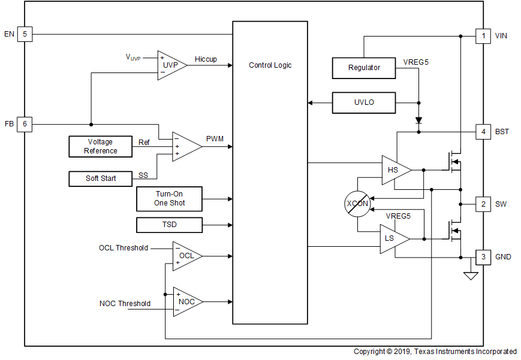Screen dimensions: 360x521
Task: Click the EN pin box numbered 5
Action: point(25,34)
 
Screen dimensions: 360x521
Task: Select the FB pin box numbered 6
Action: point(25,125)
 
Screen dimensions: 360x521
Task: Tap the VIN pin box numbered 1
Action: point(483,36)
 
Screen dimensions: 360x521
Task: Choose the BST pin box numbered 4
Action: point(483,131)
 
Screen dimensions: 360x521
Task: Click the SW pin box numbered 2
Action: point(483,204)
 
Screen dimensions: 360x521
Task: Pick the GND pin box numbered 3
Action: point(483,257)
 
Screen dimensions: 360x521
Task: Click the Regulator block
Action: point(364,68)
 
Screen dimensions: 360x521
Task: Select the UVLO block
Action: point(364,102)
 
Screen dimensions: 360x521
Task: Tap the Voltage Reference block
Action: point(101,146)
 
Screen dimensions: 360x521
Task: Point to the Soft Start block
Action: point(101,179)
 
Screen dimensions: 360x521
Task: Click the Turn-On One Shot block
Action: point(170,199)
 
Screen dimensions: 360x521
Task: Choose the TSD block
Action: point(170,225)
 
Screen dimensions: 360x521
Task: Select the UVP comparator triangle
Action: point(170,65)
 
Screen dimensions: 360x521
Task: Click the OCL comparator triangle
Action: point(185,256)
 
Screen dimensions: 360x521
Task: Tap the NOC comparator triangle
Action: point(185,302)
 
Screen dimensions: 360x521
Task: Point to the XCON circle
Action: point(357,204)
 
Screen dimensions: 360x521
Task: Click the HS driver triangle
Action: point(394,170)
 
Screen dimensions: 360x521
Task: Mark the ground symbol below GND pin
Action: point(471,276)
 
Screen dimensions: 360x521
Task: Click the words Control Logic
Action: point(270,65)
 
